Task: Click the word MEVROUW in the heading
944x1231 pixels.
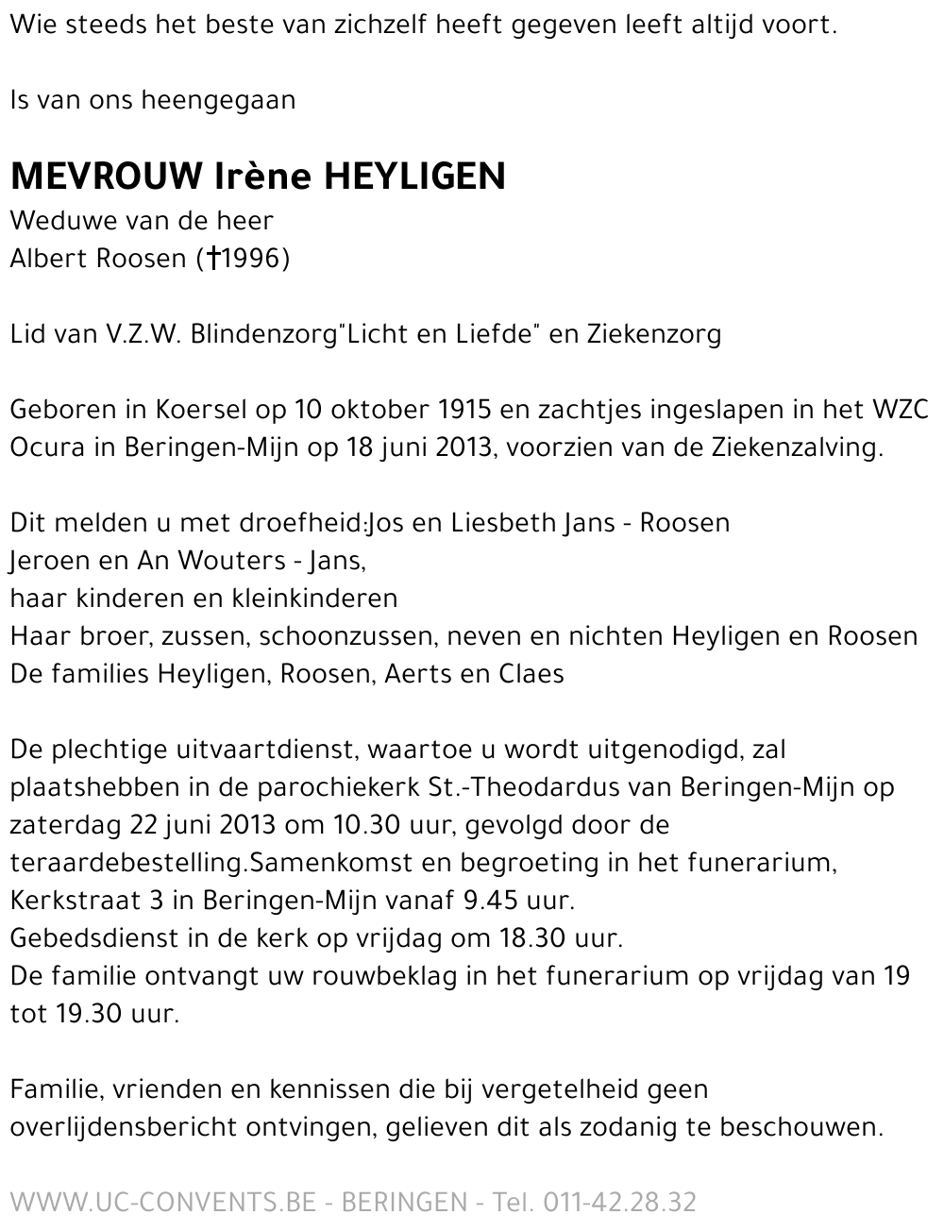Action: tap(107, 177)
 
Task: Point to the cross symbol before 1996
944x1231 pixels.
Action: tap(213, 259)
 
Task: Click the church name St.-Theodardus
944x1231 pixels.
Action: tap(510, 787)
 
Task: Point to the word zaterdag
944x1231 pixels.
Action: tap(63, 825)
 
